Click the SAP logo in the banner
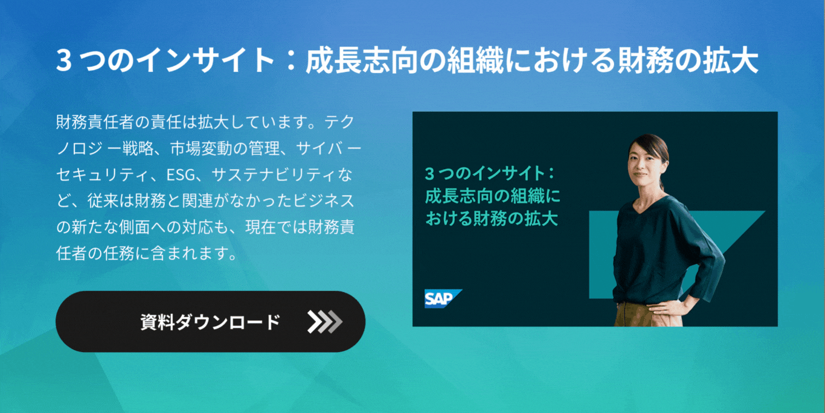tap(442, 298)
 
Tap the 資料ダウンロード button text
tap(210, 322)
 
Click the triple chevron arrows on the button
tap(324, 322)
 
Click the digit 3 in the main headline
tap(65, 60)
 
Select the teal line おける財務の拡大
tap(491, 218)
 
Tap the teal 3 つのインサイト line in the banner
tap(489, 174)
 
